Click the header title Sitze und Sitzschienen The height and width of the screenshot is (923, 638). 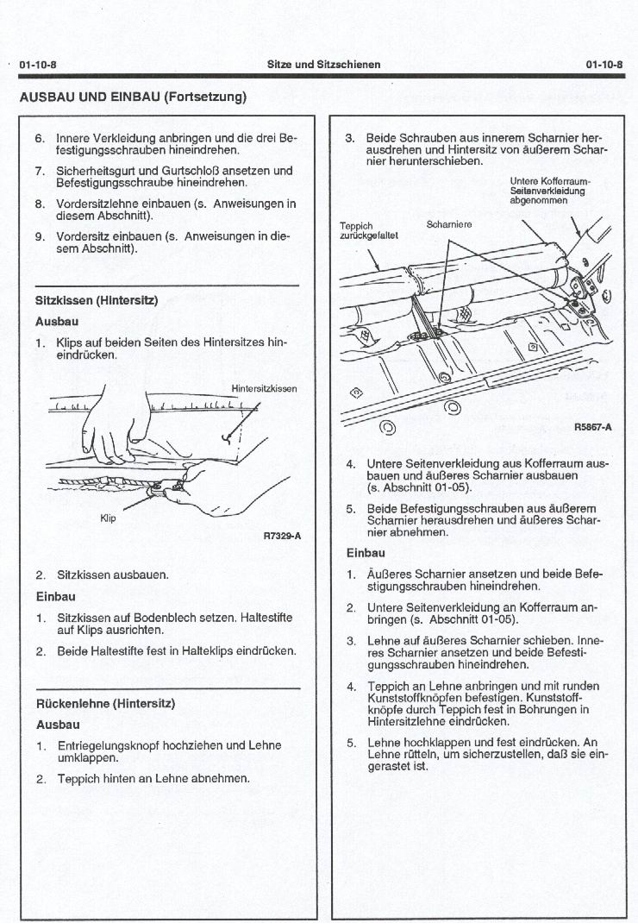point(324,65)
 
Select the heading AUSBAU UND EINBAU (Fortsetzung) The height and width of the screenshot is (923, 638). point(133,97)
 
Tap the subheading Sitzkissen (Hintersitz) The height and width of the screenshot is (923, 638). point(96,301)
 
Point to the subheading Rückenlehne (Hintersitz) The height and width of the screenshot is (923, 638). point(105,703)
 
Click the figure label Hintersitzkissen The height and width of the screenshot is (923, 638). point(264,388)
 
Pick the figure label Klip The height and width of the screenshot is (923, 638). point(108,518)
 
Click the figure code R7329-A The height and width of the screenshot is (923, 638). point(280,536)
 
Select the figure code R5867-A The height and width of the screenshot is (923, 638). point(592,426)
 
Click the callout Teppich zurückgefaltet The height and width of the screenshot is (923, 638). point(368,232)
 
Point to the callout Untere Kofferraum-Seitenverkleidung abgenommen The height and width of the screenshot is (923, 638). point(547,191)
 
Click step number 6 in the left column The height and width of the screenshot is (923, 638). point(40,138)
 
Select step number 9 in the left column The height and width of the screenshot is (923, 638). point(40,236)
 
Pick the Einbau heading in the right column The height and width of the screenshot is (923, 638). point(366,553)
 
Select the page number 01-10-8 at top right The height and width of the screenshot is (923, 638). point(604,65)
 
